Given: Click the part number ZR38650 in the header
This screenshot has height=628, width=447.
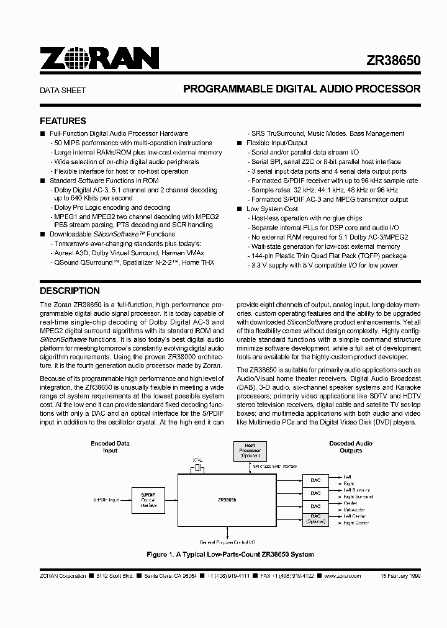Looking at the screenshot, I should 392,60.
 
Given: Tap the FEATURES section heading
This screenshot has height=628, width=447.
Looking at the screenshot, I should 63,121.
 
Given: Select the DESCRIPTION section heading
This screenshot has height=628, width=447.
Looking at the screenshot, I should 70,290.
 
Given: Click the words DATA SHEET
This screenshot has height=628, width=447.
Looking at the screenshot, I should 63,90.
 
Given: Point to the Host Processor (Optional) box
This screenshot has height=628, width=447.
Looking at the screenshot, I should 250,451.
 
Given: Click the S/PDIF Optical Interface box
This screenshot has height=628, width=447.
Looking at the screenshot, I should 148,499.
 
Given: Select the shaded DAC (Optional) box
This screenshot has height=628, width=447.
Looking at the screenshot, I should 316,519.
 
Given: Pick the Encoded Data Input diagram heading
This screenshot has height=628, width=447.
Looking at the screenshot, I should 110,447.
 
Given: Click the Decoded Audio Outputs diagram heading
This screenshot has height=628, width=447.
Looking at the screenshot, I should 350,447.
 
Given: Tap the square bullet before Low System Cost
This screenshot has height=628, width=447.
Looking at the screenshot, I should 240,209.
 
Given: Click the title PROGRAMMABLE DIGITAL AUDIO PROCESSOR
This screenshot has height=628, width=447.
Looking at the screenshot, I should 302,89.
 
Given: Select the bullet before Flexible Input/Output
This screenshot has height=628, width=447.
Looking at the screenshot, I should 240,143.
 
